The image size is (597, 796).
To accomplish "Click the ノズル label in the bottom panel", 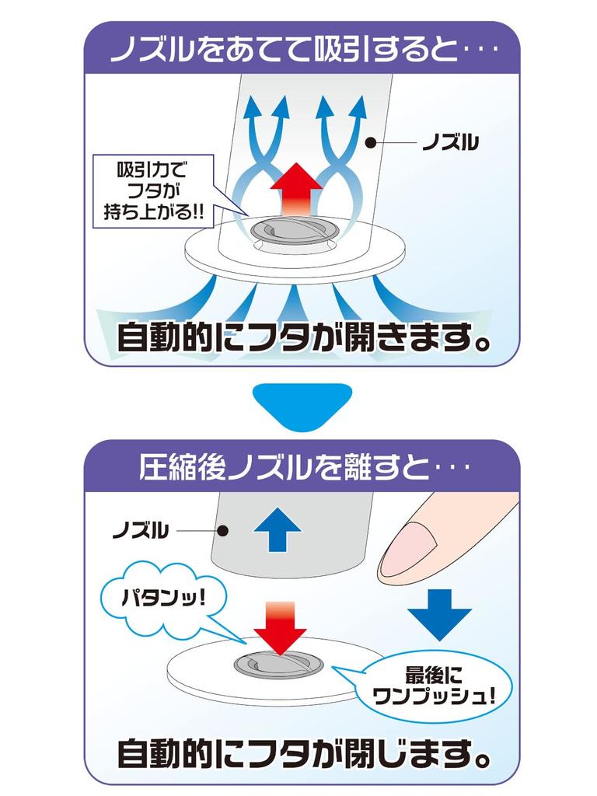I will point(141,532).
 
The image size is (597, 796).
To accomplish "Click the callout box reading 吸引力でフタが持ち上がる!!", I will point(152,190).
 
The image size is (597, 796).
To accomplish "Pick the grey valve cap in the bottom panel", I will point(278,665).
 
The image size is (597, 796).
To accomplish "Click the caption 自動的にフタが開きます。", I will point(304,338).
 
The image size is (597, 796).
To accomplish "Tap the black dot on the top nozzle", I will point(370,143).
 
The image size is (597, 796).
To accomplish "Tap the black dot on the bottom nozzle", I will point(222,532).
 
